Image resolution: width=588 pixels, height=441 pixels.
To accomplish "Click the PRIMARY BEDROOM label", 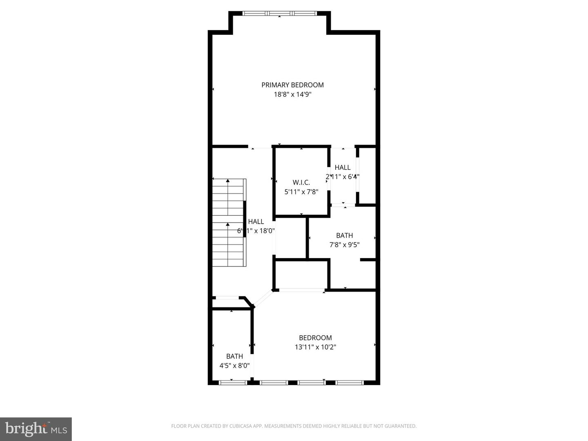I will (x=292, y=85).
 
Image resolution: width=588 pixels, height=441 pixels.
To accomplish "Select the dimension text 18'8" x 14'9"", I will (x=292, y=94).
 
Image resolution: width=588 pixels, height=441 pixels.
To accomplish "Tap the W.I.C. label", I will (x=301, y=183).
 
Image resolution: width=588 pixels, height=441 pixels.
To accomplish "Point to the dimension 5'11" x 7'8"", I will (x=301, y=192).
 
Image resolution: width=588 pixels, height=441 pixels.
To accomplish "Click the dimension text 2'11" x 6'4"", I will (x=343, y=177).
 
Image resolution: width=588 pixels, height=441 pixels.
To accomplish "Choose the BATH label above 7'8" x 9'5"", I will (x=344, y=236).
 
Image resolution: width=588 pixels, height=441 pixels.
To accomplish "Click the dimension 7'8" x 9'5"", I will (x=344, y=245).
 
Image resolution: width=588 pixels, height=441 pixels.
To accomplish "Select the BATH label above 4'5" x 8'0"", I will (x=234, y=356).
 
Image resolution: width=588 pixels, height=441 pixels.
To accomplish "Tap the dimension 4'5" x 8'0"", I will (x=234, y=366).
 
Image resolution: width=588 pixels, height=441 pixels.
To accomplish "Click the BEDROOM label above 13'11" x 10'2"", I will (x=315, y=338).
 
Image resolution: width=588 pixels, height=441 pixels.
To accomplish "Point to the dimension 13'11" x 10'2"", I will (x=315, y=347).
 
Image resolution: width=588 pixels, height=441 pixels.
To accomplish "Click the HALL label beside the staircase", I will (x=256, y=222).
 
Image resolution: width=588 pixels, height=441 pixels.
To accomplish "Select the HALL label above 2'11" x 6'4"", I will (x=343, y=167).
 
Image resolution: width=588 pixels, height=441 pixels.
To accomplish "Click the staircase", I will (x=229, y=223).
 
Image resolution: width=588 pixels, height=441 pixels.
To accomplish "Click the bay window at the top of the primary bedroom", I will (x=279, y=13).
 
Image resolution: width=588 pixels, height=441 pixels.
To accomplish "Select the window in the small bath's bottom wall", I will (x=233, y=383).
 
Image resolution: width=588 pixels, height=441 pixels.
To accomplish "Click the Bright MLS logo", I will (x=36, y=429).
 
